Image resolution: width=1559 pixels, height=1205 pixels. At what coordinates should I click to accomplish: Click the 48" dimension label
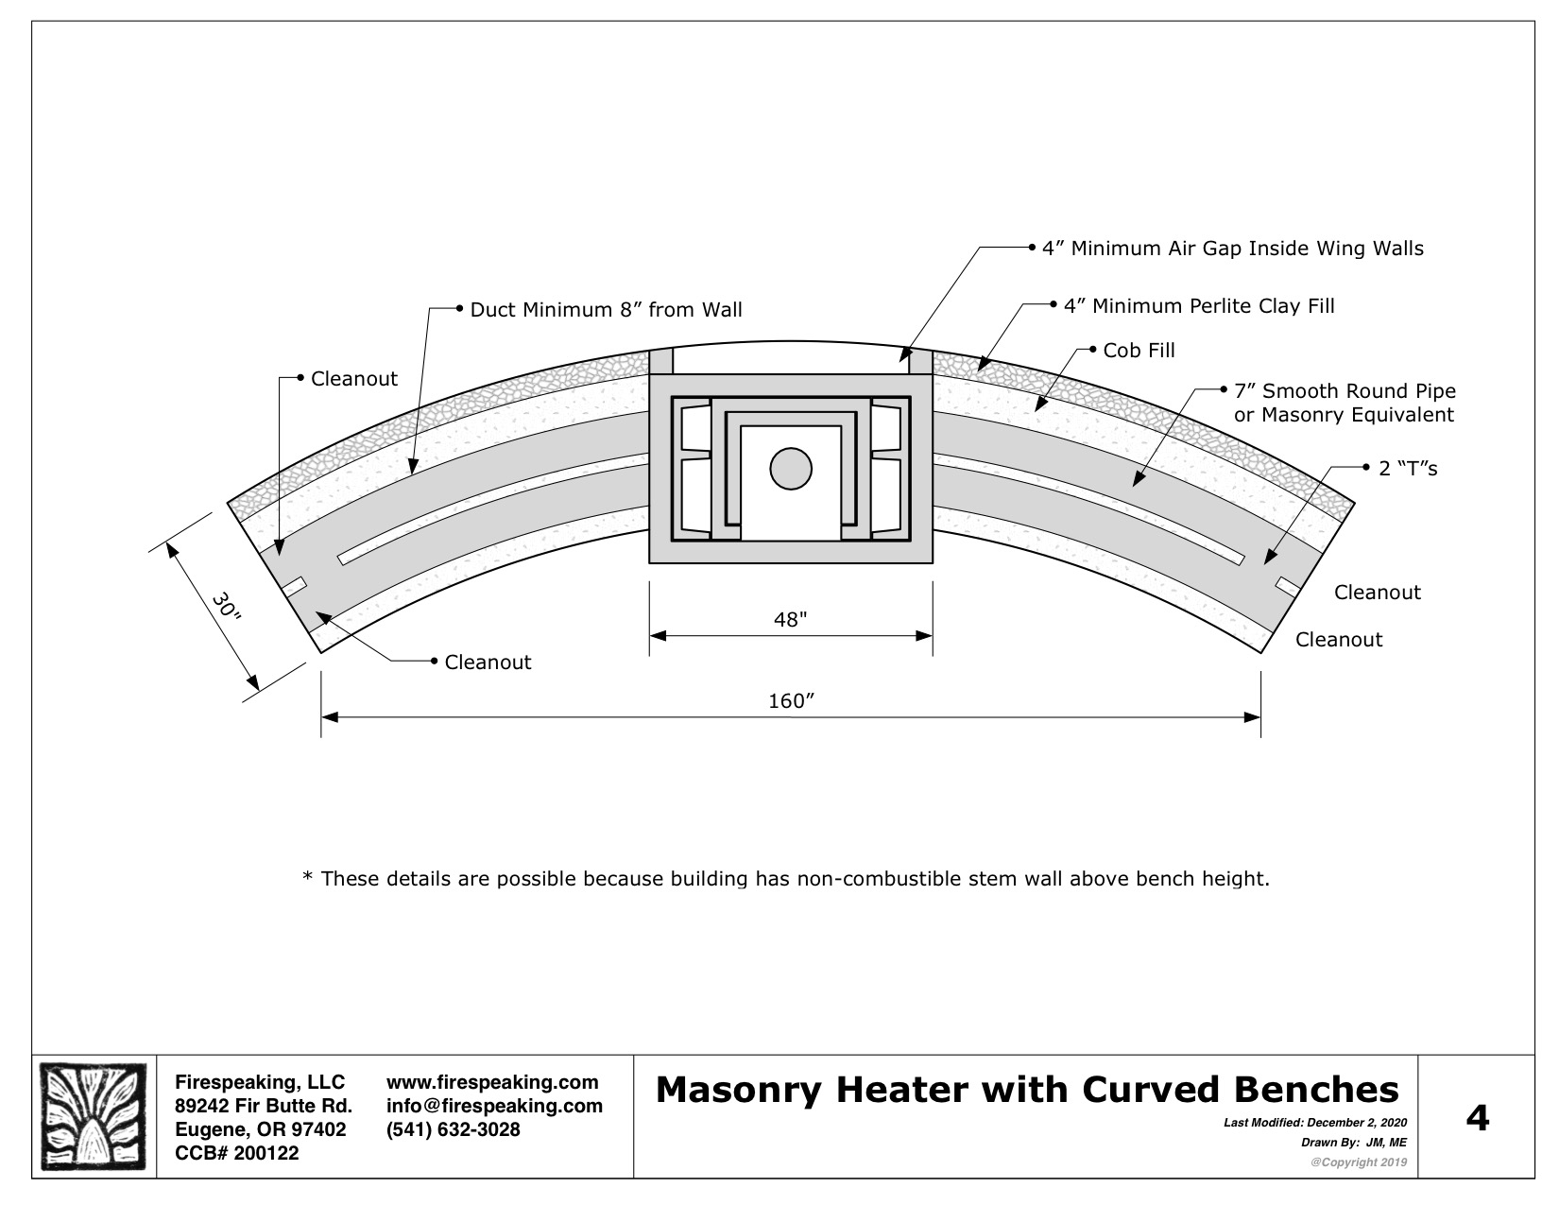pos(790,619)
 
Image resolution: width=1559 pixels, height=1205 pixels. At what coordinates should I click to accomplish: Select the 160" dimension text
pos(792,700)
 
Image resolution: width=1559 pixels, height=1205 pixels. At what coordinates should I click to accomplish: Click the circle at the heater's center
pos(791,469)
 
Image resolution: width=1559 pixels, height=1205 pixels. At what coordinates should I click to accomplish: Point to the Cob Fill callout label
pos(1139,351)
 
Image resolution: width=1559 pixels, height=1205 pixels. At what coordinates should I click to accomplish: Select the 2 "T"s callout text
pos(1408,469)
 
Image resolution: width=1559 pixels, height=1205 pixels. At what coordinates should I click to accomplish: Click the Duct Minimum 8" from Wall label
pos(606,310)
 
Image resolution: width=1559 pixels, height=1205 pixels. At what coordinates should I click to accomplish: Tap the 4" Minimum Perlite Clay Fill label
pos(1199,306)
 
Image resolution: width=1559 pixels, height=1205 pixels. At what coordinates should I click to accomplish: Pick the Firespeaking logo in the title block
pos(93,1117)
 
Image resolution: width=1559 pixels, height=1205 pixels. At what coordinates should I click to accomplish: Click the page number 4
pos(1477,1117)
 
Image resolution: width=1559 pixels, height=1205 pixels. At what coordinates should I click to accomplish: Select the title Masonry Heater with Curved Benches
pos(1027,1090)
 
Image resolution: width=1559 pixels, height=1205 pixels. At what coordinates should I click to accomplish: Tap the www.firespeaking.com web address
pos(492,1082)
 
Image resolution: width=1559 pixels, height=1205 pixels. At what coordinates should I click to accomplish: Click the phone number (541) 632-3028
pos(453,1129)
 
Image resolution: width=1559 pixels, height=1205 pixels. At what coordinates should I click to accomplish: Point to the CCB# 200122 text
pos(237,1153)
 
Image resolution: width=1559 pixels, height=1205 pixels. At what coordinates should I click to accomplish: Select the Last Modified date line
pos(1315,1123)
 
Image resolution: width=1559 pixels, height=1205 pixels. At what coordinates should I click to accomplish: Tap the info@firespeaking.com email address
pos(494,1106)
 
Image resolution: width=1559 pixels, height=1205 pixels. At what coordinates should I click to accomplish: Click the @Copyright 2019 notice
pos(1359,1162)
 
